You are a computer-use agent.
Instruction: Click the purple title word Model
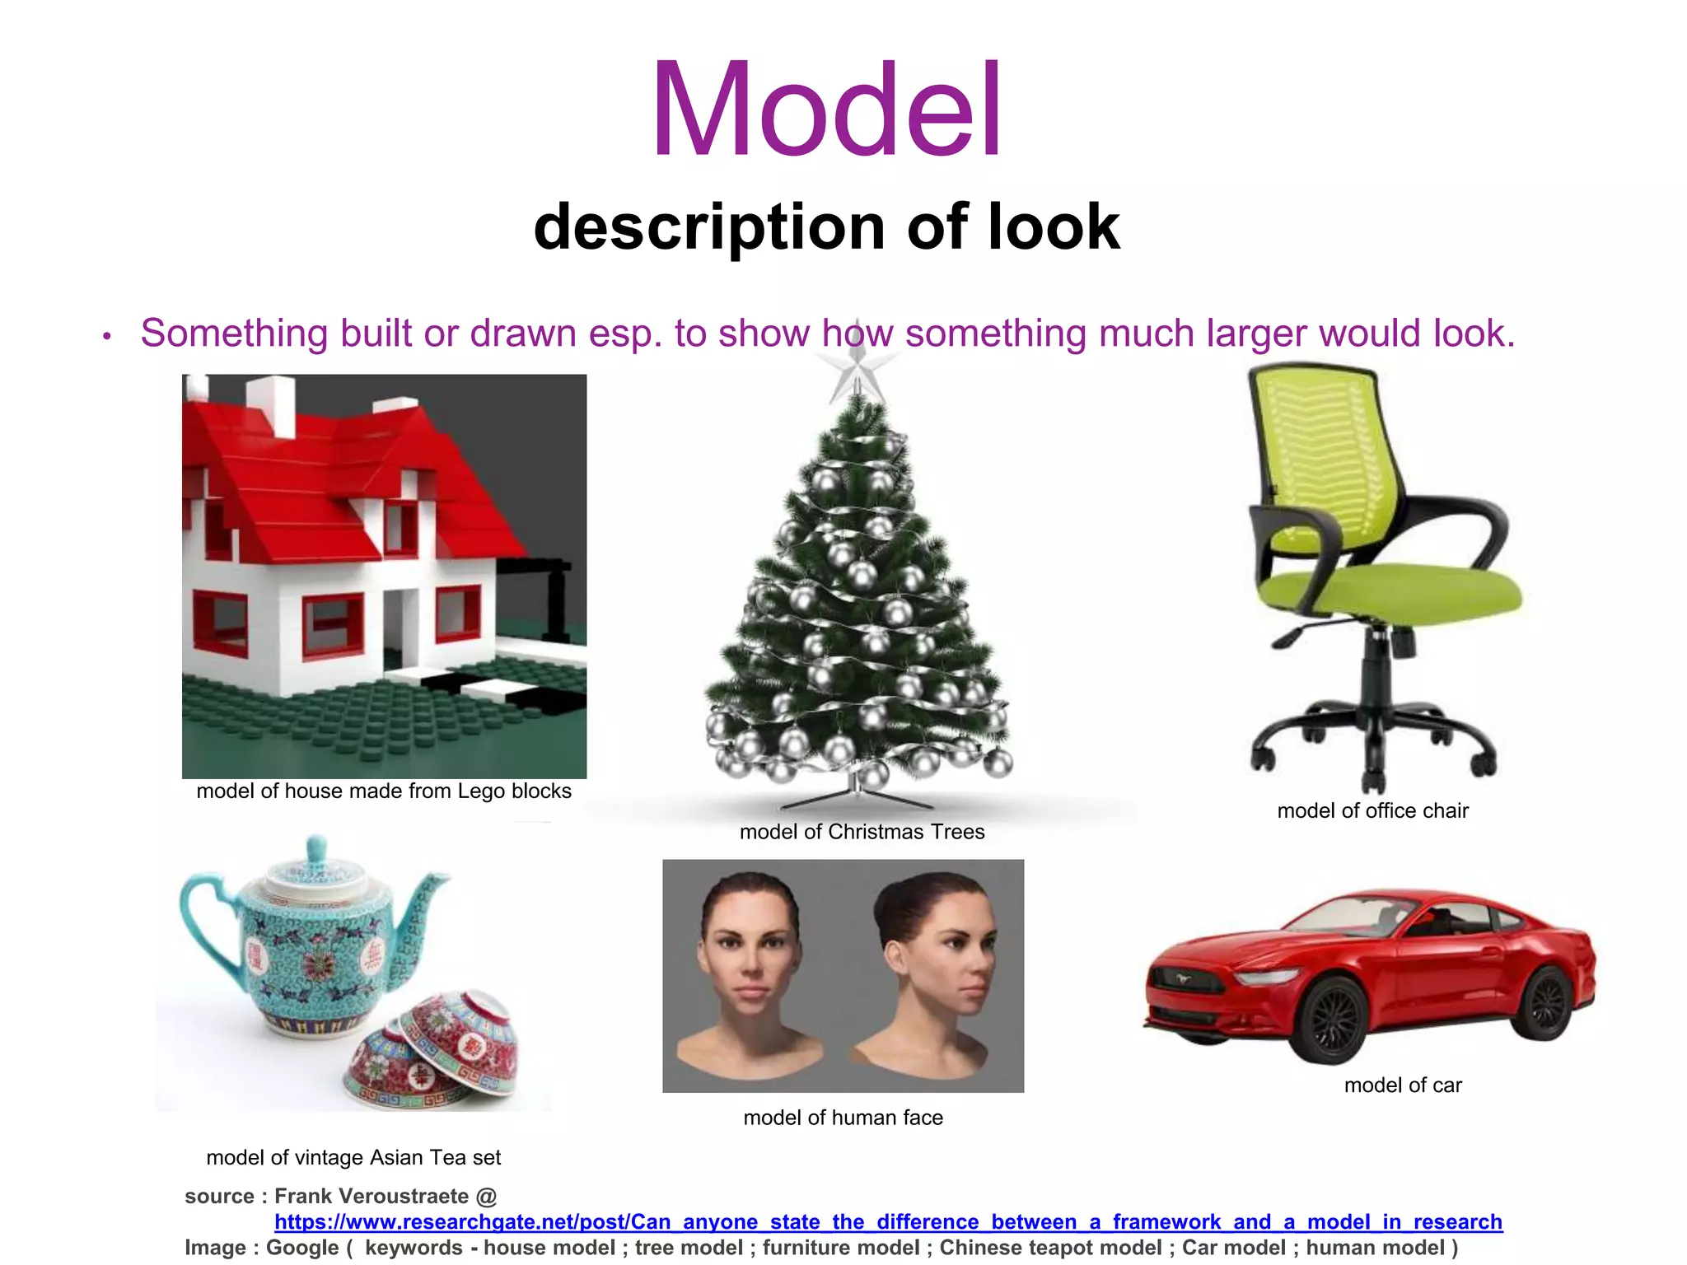pyautogui.click(x=827, y=110)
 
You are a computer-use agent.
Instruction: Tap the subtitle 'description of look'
pyautogui.click(x=826, y=226)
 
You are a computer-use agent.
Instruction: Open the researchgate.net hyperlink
pyautogui.click(x=888, y=1222)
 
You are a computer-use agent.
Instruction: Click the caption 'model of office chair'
pyautogui.click(x=1372, y=811)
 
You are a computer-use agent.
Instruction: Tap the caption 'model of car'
pyautogui.click(x=1403, y=1085)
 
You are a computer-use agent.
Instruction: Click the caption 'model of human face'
pyautogui.click(x=843, y=1118)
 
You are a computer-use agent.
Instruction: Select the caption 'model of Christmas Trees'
pyautogui.click(x=862, y=832)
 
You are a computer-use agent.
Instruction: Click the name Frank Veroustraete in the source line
pyautogui.click(x=371, y=1196)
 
